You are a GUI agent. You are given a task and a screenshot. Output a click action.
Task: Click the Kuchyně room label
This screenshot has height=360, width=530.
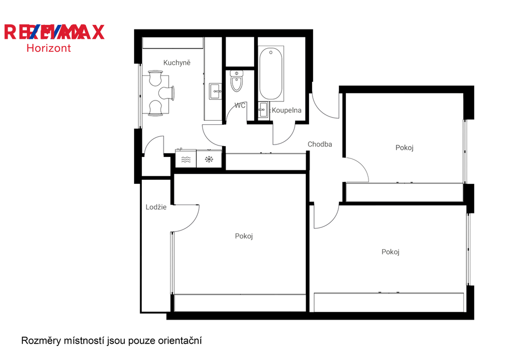point(177,63)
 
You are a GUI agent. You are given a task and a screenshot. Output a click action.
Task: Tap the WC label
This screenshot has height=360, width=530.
point(240,106)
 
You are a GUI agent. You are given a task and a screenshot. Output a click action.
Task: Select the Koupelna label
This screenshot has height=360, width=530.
point(287,110)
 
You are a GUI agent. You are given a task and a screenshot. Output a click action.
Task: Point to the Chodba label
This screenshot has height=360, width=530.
point(320,144)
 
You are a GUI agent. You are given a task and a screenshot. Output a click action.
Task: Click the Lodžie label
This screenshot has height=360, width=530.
point(156,207)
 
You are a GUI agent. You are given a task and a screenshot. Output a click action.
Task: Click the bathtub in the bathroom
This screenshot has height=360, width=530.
point(271,74)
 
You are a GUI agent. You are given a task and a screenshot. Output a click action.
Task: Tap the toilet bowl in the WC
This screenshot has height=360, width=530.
point(237,81)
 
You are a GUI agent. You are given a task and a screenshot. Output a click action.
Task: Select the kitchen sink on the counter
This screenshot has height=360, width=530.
point(215,91)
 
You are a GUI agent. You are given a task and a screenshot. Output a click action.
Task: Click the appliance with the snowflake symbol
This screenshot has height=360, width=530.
point(209,159)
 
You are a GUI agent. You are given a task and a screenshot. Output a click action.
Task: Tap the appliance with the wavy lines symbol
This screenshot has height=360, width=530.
point(186,159)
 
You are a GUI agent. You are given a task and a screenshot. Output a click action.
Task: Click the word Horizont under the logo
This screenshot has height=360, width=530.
point(49,48)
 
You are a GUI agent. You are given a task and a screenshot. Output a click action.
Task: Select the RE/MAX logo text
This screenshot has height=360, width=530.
point(54,32)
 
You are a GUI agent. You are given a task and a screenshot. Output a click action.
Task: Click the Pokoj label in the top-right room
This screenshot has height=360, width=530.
point(405,148)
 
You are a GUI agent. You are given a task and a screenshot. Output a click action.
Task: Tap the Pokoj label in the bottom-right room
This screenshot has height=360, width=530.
point(390,252)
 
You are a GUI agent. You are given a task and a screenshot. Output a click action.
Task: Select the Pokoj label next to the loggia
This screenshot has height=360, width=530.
point(244,236)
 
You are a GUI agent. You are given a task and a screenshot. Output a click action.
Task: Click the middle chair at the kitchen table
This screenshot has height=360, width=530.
point(167,93)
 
